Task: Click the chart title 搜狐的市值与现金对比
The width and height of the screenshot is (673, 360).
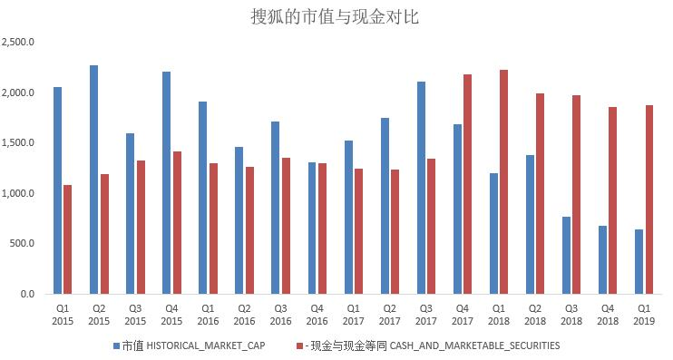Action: point(336,16)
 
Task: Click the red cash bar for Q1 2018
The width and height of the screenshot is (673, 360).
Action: point(504,181)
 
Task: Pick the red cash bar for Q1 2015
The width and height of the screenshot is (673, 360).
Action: point(68,239)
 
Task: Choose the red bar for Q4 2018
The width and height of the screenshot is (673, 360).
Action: point(613,200)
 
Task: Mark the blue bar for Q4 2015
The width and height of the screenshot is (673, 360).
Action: point(167,182)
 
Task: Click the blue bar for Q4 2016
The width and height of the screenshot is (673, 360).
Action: point(312,228)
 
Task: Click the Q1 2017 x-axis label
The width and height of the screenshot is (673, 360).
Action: point(354,314)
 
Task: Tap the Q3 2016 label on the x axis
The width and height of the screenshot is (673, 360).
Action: point(281,314)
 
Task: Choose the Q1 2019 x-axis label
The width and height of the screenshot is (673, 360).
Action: point(645,314)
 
